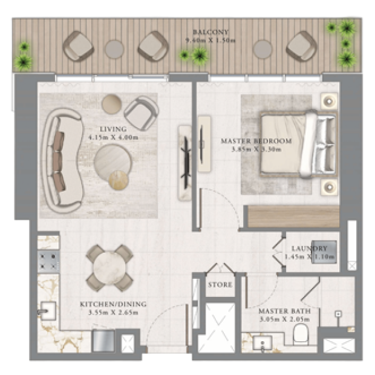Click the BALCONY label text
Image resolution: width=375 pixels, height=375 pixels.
point(210,32)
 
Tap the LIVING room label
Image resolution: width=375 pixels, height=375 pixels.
point(113,129)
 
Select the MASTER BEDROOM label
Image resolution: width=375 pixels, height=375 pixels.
point(256,141)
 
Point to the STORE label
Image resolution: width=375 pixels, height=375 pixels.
point(220,285)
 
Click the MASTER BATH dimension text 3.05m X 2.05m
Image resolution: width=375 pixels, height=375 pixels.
point(285,319)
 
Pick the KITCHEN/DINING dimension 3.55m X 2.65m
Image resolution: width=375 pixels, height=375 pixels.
point(113,313)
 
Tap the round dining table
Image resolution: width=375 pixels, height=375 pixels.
point(109,267)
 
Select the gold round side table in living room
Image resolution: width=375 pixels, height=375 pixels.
point(119,180)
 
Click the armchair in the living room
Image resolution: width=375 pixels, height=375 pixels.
point(142,113)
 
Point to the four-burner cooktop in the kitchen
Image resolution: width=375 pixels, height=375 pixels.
point(48,261)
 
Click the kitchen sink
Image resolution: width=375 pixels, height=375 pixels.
point(48,311)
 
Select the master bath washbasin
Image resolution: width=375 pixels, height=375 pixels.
point(262,343)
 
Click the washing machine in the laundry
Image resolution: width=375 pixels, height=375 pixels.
point(324,252)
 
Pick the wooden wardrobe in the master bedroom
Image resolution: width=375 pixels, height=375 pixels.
point(293,217)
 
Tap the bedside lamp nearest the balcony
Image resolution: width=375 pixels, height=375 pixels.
point(329,102)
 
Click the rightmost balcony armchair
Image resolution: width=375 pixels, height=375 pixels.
point(301,45)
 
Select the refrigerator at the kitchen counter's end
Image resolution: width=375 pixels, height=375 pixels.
point(103,341)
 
